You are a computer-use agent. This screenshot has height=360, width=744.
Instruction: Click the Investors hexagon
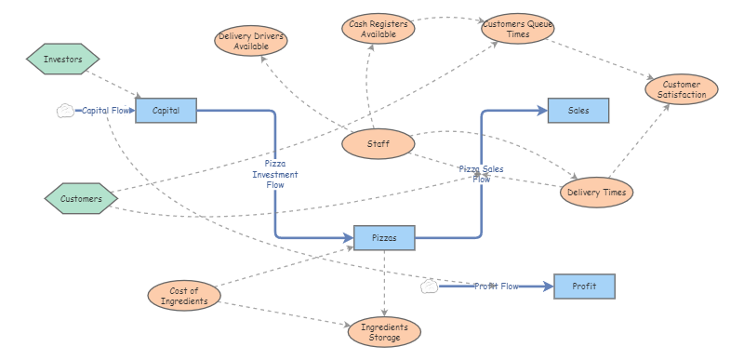[x=63, y=60]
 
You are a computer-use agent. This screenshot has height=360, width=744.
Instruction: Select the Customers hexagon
[x=82, y=198]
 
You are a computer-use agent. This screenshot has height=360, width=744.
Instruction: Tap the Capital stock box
[x=166, y=110]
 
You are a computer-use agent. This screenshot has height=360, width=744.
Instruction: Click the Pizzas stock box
[x=384, y=238]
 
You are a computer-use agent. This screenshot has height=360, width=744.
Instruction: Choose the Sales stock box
[x=578, y=110]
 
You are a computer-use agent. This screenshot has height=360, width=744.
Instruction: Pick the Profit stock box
[x=584, y=286]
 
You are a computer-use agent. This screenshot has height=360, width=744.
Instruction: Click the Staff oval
[x=378, y=143]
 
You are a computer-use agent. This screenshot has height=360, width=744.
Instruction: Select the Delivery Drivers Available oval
[x=251, y=41]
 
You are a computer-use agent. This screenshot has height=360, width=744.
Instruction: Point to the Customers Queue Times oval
[x=518, y=28]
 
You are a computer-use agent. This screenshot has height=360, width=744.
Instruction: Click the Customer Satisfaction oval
[x=682, y=88]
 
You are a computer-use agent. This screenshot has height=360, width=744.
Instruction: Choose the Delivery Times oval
[x=596, y=193]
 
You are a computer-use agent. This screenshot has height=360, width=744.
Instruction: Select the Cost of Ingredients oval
[x=184, y=296]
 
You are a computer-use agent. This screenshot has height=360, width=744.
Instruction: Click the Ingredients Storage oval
[x=384, y=332]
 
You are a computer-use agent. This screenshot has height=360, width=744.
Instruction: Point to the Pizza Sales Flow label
[x=481, y=174]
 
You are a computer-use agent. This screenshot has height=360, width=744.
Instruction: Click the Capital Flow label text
[x=107, y=110]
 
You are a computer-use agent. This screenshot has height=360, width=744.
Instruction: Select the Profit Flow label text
[x=496, y=286]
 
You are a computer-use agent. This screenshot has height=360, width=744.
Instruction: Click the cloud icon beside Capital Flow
[x=65, y=110]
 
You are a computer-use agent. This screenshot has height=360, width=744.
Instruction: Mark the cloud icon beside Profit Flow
[x=429, y=286]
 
